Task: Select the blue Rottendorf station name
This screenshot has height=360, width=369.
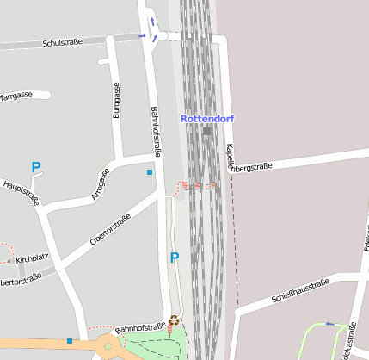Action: (x=206, y=118)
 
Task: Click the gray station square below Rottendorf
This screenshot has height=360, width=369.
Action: (x=206, y=131)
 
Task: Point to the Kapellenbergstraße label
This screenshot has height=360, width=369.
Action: (x=249, y=164)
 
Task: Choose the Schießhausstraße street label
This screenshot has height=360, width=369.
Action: (x=300, y=291)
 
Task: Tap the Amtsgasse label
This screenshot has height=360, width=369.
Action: (x=101, y=183)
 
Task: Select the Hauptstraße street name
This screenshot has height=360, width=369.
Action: (x=22, y=192)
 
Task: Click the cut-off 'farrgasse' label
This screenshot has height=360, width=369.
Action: (x=16, y=96)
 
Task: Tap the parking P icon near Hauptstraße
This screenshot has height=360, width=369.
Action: (x=36, y=167)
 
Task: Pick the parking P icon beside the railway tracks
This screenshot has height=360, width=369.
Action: (x=175, y=258)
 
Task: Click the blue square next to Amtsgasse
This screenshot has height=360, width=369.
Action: (x=150, y=172)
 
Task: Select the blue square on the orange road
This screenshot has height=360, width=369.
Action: (x=70, y=341)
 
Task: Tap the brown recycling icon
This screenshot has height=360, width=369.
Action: (x=175, y=320)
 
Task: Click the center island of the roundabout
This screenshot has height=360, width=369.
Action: (x=108, y=348)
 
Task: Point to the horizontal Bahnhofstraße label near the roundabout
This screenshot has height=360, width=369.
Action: (x=140, y=328)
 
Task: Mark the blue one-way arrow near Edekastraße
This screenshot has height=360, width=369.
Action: (x=329, y=324)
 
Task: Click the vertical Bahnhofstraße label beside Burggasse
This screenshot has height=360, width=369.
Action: (x=156, y=132)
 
